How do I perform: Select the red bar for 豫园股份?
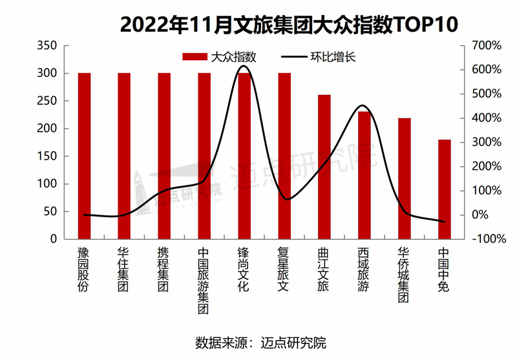click(x=84, y=155)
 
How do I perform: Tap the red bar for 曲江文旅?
click(x=324, y=167)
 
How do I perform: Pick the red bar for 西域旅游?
click(x=364, y=175)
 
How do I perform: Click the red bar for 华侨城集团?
click(x=405, y=178)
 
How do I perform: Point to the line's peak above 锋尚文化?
click(x=244, y=66)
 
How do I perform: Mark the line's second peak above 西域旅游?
click(x=363, y=106)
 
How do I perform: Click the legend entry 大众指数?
click(x=220, y=57)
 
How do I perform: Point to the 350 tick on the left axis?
click(x=48, y=46)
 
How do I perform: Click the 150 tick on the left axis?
click(x=48, y=156)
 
